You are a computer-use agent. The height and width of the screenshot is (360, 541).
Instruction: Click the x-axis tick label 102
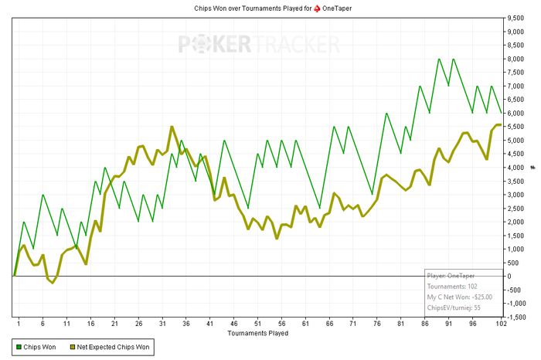(500, 324)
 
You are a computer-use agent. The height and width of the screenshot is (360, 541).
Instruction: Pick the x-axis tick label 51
(258, 324)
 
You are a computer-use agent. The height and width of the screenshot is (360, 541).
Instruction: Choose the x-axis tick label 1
(19, 324)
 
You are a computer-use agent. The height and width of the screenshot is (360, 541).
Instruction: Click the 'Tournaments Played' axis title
(258, 334)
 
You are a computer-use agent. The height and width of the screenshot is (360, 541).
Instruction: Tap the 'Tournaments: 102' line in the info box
(452, 285)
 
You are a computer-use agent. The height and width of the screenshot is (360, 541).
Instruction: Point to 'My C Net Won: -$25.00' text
(460, 296)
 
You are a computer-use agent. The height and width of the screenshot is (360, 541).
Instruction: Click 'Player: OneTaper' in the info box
(451, 275)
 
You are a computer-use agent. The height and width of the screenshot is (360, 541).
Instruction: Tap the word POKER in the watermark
(214, 44)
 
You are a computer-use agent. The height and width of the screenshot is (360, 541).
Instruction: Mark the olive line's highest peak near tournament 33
(172, 127)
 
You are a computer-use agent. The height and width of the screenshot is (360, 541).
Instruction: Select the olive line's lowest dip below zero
(53, 283)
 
